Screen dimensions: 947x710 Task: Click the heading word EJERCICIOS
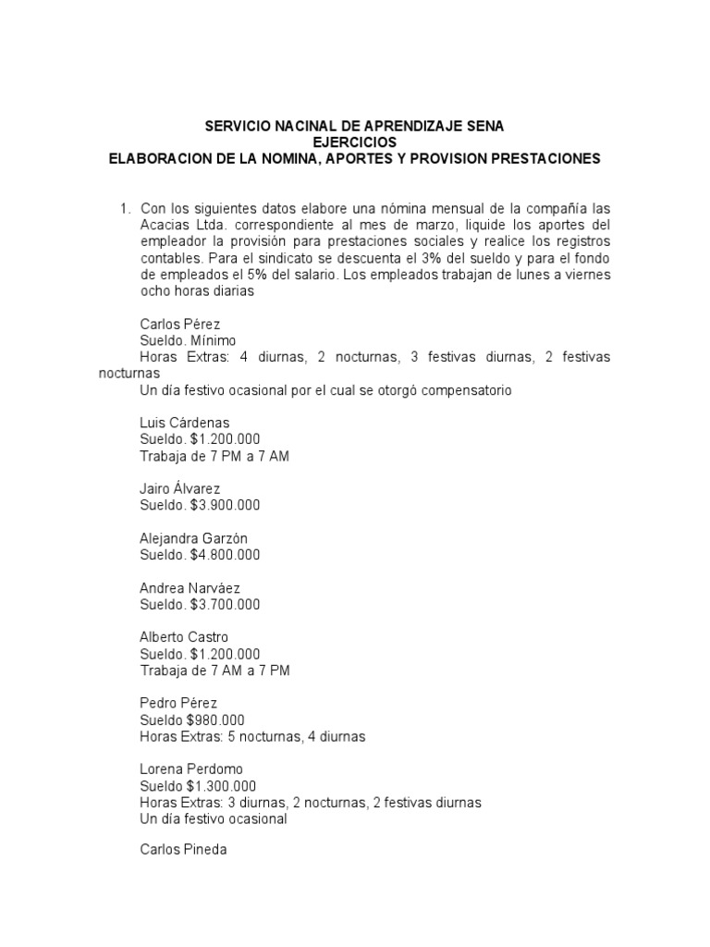pos(354,141)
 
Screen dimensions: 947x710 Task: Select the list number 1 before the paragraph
pos(125,208)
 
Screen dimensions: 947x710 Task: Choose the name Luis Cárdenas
pos(184,423)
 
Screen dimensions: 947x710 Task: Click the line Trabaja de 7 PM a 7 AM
pos(214,456)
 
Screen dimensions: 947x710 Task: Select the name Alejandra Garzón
pos(193,538)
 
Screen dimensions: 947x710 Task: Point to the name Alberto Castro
pos(183,637)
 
